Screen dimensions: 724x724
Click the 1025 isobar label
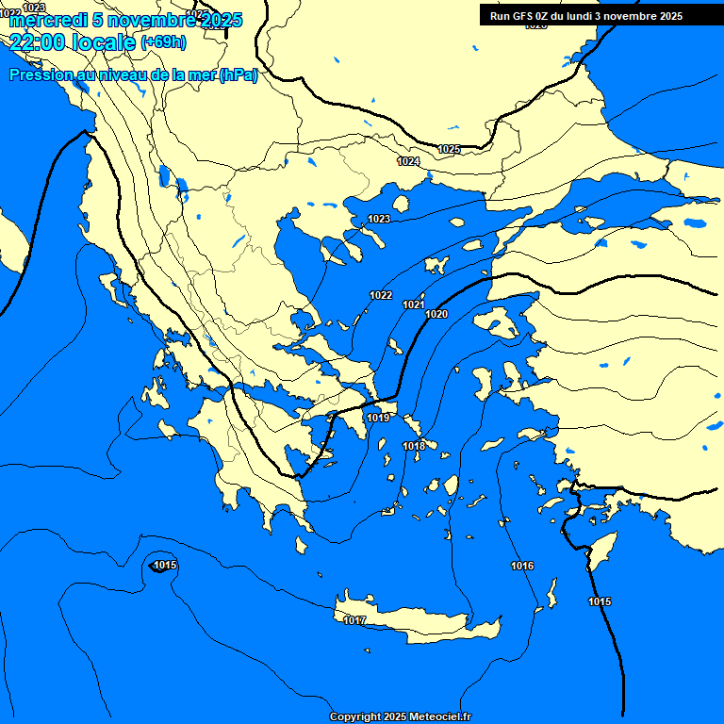449,150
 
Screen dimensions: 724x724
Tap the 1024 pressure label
408,162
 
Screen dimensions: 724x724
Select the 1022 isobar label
381,295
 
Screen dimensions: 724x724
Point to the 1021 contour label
413,304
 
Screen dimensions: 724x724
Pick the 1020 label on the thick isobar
436,314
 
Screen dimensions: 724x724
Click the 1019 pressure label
378,418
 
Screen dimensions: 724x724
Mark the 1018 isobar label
414,446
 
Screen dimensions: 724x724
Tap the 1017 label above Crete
354,620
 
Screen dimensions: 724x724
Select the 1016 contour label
522,566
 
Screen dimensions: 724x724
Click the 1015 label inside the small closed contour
165,565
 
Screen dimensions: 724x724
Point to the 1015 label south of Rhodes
600,601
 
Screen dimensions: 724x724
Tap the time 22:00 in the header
37,41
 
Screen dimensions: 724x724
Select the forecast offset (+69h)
163,42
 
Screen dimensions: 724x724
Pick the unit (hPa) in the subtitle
238,75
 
